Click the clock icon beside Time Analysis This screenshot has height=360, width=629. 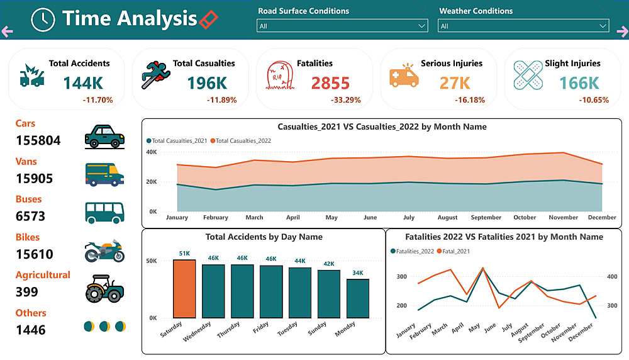point(43,20)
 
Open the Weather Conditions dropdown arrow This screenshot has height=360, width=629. point(603,26)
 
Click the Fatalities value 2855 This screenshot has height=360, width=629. point(330,83)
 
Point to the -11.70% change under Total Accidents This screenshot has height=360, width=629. point(97,100)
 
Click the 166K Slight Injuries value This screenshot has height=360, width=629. point(579,83)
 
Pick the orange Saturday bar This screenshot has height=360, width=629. point(184,288)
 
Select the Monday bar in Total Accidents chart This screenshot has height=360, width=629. point(358,298)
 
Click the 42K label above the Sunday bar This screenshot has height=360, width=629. point(329,264)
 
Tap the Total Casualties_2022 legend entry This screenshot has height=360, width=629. point(243,141)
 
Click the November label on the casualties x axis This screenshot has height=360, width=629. point(563,218)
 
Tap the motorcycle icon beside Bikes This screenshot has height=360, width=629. point(104,250)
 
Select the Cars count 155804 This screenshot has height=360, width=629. point(38,140)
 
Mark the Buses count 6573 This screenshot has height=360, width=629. point(30,217)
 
